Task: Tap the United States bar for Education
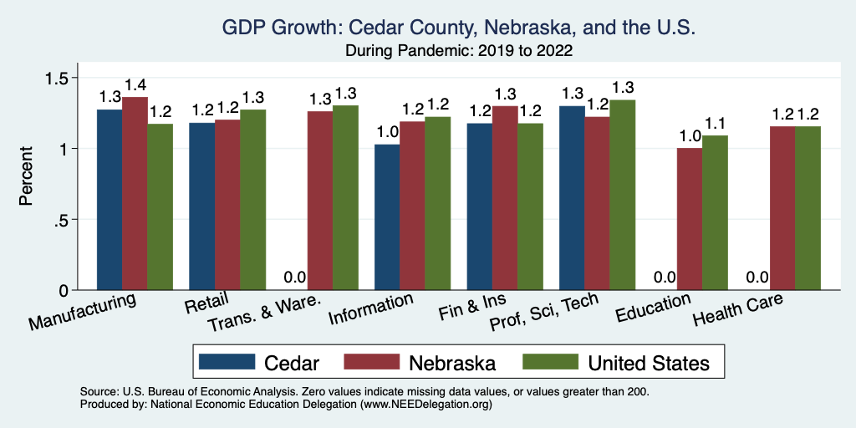pyautogui.click(x=715, y=213)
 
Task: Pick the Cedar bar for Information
pyautogui.click(x=387, y=217)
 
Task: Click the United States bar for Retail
pyautogui.click(x=253, y=200)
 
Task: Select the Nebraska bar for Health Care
pyautogui.click(x=782, y=208)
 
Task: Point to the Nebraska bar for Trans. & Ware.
pyautogui.click(x=319, y=201)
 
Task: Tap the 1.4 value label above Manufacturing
pyautogui.click(x=135, y=85)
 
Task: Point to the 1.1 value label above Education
pyautogui.click(x=715, y=124)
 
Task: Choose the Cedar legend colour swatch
pyautogui.click(x=227, y=362)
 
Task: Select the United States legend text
pyautogui.click(x=649, y=363)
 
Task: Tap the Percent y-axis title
pyautogui.click(x=28, y=176)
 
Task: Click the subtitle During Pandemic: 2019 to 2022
pyautogui.click(x=459, y=51)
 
